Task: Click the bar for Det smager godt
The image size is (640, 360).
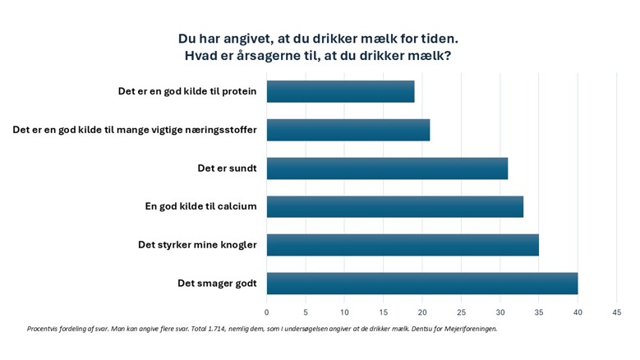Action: [422, 284]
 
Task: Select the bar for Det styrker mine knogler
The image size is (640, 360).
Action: [403, 245]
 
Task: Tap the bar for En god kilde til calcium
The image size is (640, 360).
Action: [395, 206]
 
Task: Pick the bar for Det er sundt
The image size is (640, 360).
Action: [387, 168]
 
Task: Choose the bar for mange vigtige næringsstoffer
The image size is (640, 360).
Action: [348, 130]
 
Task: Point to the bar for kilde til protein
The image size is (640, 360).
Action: [340, 91]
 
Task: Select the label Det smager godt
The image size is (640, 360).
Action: [217, 284]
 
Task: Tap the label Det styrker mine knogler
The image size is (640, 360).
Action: [197, 245]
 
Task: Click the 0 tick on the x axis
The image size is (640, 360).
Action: [266, 312]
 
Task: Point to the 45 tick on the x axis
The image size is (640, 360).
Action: [617, 312]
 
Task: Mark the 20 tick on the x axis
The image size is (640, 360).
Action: [422, 312]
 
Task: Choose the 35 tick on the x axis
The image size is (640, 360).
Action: [539, 312]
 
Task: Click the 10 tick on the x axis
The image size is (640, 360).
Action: [344, 312]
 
